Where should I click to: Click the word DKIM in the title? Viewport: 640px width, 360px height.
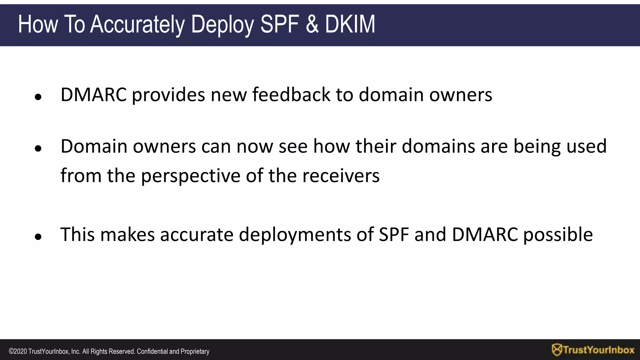tap(350, 24)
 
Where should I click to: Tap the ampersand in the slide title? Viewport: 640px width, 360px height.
tap(312, 24)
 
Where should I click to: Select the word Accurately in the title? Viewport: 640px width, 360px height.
tap(137, 24)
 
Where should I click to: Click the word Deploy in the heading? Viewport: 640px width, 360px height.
tap(222, 24)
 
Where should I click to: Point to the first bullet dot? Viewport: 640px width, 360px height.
tap(38, 97)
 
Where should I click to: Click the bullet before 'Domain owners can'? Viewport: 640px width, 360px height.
tap(38, 149)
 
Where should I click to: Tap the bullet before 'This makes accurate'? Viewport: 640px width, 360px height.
tap(38, 237)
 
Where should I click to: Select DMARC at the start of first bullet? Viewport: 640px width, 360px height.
tap(93, 94)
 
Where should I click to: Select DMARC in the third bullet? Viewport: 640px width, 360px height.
tap(485, 234)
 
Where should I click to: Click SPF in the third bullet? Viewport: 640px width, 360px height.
tap(394, 234)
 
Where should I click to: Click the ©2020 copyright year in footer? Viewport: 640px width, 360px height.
tap(18, 352)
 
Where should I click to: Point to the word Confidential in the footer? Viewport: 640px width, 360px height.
tap(152, 352)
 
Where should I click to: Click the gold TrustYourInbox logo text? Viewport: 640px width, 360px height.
tap(599, 350)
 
